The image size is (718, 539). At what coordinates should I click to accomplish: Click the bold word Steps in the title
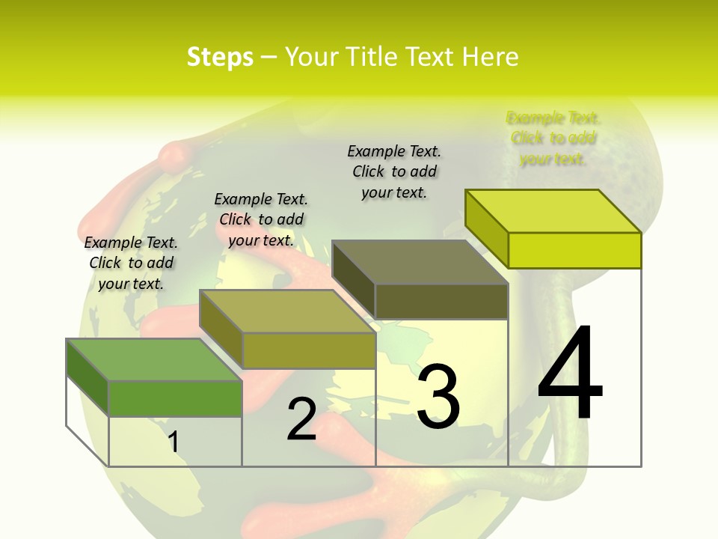point(220,57)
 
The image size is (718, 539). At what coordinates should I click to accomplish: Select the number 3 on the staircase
point(438,396)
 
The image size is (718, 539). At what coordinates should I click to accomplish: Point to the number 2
point(301,419)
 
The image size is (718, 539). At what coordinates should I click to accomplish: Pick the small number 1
point(174,442)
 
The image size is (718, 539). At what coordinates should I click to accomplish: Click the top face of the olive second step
point(287,311)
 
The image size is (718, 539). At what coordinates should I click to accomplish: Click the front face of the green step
point(175,398)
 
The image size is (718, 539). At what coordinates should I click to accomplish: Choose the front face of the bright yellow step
point(574,250)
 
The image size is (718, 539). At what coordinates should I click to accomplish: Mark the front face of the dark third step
point(441,301)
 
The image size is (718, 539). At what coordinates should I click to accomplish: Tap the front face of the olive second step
point(308,350)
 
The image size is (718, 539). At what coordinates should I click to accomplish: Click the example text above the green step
point(131,263)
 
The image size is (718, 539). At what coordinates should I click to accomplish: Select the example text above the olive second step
point(261,219)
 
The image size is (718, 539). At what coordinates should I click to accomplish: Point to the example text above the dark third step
point(394,171)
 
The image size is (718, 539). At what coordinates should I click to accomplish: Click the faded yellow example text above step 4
point(553,138)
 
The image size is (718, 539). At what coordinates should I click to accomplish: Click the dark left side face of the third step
point(353,280)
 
